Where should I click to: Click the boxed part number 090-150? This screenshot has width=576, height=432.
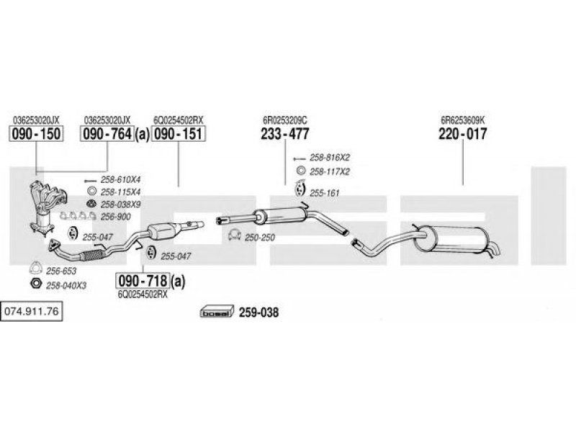(x=36, y=134)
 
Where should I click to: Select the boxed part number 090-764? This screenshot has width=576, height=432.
(x=107, y=134)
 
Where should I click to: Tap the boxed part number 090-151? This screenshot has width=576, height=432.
(x=178, y=134)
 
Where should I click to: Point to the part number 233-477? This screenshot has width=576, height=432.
(x=285, y=134)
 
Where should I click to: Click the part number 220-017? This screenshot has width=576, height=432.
(x=462, y=134)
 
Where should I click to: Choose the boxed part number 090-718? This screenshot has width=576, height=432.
(x=143, y=281)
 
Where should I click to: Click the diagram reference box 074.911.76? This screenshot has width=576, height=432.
(x=31, y=312)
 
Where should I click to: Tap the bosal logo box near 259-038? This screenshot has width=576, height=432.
(x=217, y=312)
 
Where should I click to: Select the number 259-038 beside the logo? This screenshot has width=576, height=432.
(x=258, y=312)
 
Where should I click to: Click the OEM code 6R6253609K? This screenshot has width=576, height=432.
(x=463, y=120)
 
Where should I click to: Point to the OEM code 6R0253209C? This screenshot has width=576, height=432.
(x=285, y=120)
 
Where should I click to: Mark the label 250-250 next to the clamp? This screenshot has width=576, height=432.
(x=260, y=238)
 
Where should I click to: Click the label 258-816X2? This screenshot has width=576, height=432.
(x=330, y=158)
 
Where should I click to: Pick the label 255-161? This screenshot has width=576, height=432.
(x=325, y=193)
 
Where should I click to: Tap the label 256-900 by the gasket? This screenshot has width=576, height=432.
(x=116, y=217)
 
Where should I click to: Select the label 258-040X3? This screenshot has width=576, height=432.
(x=66, y=285)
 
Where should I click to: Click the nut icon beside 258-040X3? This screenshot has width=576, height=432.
(x=35, y=284)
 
